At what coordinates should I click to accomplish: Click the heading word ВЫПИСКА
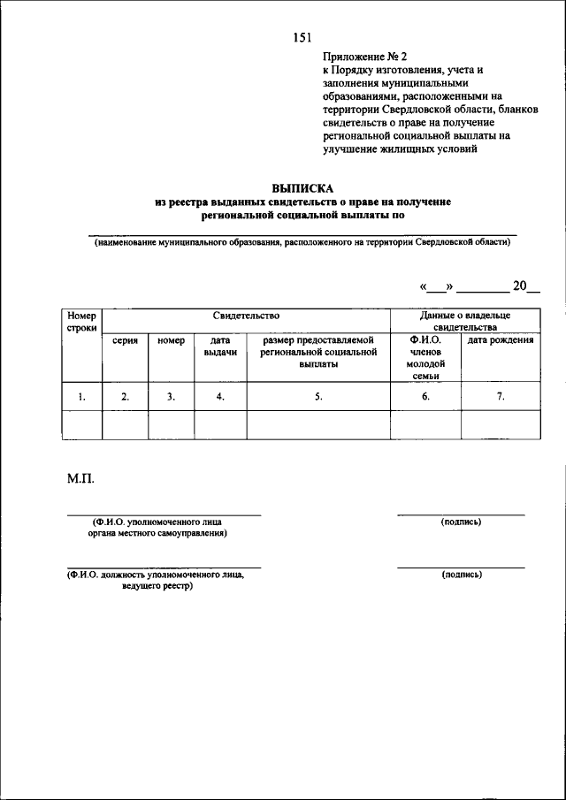[303, 188]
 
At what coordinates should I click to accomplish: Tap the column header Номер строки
[81, 322]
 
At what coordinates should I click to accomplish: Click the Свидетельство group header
[246, 316]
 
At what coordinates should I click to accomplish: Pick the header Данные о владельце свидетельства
[464, 321]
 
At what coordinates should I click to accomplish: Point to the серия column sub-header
[125, 340]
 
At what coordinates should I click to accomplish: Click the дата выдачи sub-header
[219, 346]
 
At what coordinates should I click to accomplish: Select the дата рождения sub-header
[500, 340]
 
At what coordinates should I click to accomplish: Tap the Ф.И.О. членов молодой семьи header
[425, 358]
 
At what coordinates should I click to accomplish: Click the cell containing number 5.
[317, 397]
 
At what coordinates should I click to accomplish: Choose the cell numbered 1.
[81, 397]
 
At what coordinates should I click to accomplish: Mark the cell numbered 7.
[500, 397]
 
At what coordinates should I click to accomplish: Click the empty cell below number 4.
[219, 425]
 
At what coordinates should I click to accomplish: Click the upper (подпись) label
[461, 522]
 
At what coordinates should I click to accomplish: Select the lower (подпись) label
[461, 575]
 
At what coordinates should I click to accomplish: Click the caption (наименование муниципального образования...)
[303, 241]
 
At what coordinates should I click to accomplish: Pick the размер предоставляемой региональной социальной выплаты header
[317, 352]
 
